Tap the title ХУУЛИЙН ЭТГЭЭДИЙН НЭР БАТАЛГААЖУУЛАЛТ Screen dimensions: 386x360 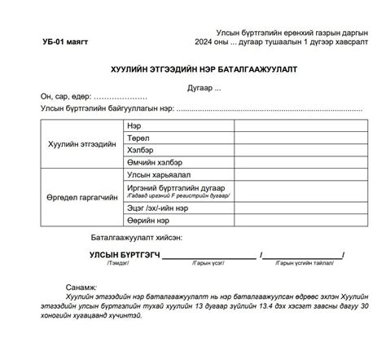coord(194,70)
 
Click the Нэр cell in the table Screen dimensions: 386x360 coord(134,126)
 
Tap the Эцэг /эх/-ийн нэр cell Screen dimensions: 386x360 coord(158,208)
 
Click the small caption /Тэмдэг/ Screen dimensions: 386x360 coord(116,264)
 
